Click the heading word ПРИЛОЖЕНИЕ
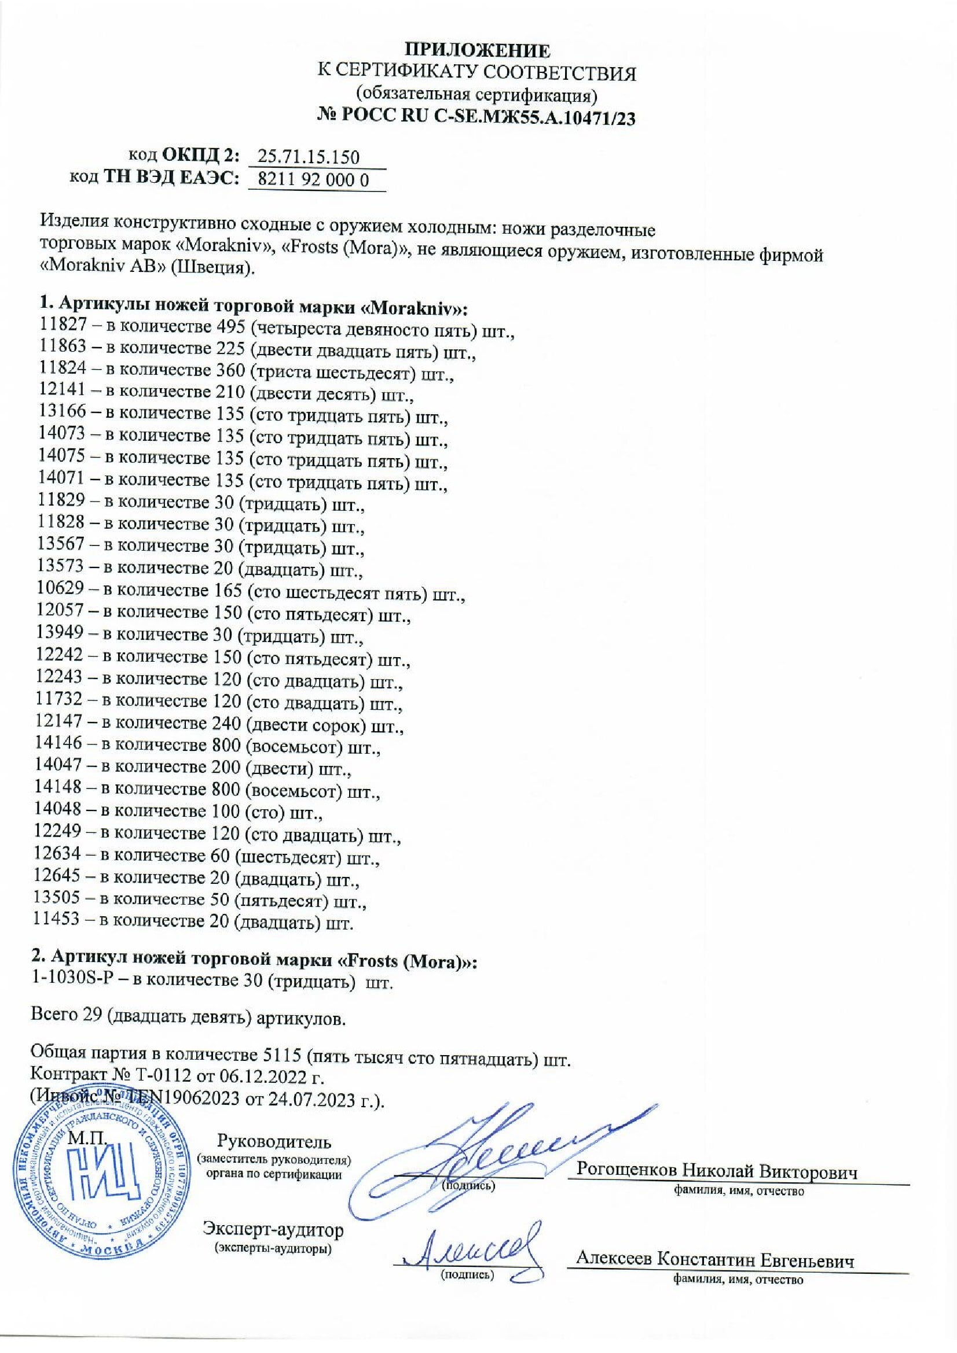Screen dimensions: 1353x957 point(478,50)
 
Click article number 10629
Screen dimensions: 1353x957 point(60,590)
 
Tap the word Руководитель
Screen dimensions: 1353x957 point(275,1141)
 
